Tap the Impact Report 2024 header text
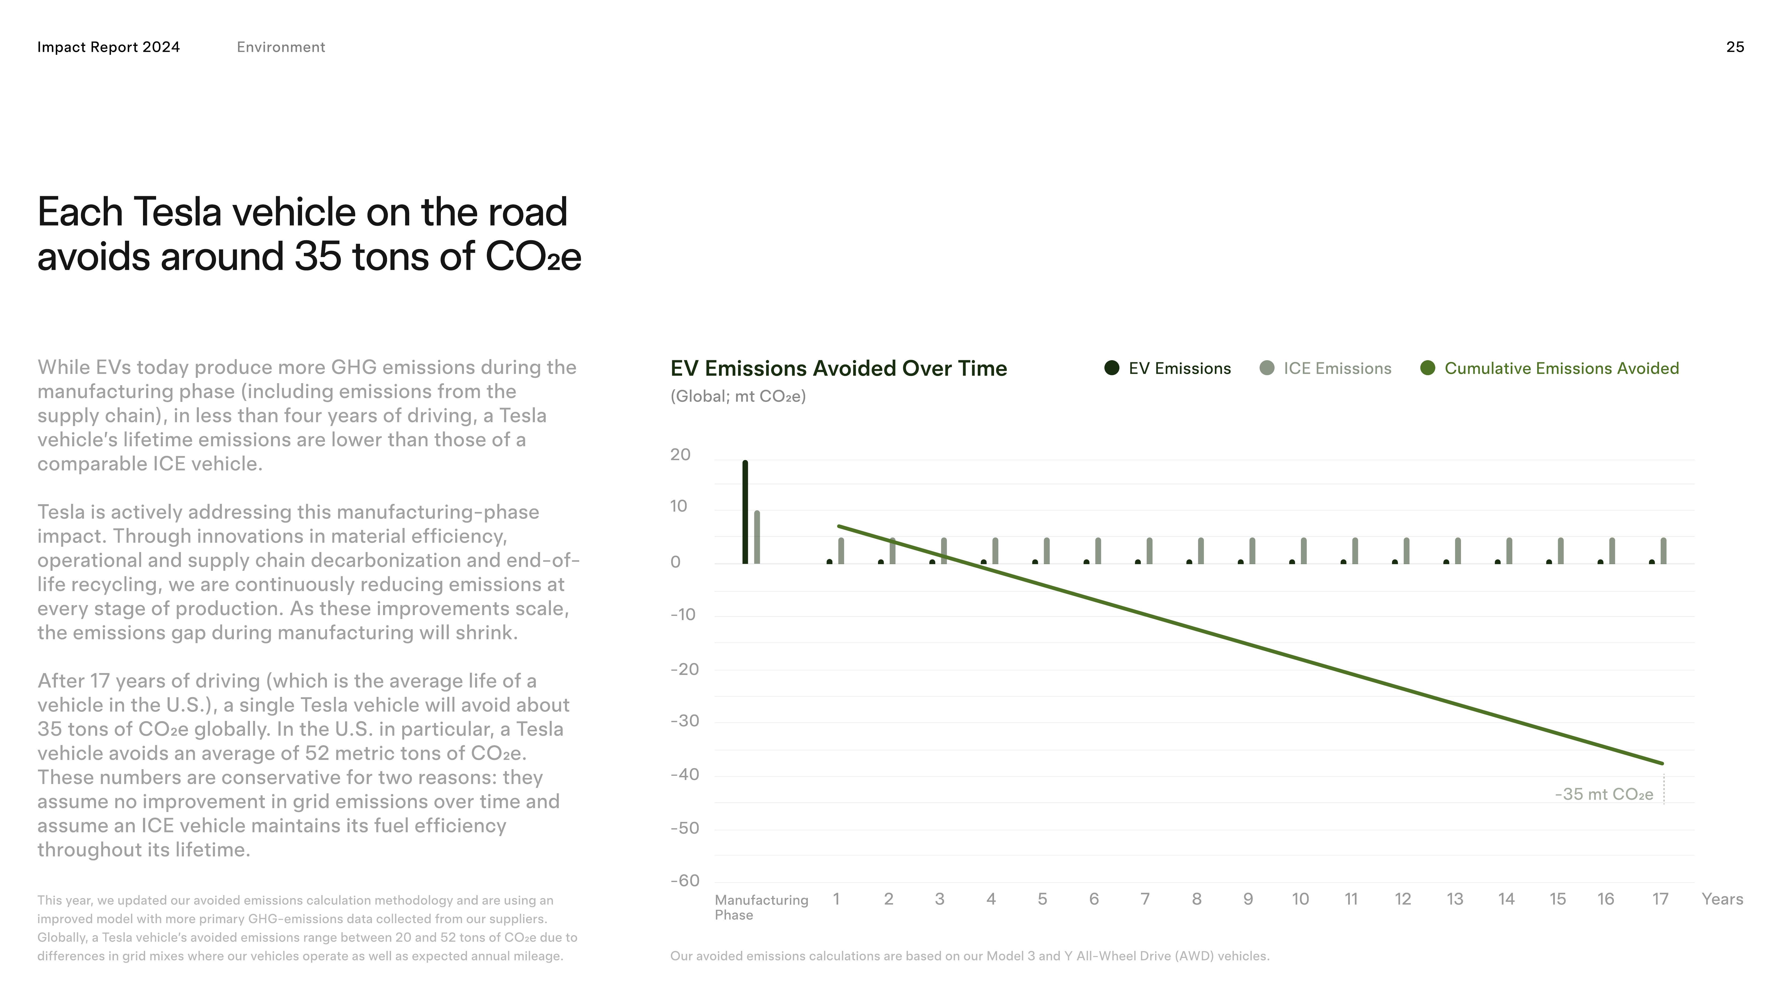(109, 47)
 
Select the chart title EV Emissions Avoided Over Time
(838, 368)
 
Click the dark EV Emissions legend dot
(1112, 368)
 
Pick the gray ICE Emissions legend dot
(1267, 368)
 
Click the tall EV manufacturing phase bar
(745, 512)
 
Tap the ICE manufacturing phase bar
(757, 537)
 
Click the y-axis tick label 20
(680, 454)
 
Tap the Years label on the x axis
(1722, 899)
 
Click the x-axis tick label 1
(836, 899)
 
